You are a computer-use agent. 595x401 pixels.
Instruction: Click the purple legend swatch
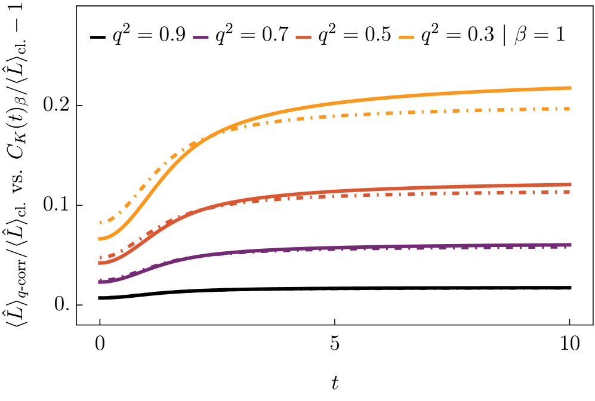201,37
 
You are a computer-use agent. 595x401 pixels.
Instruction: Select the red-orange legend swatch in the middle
304,37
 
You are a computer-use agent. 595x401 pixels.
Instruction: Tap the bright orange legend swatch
406,37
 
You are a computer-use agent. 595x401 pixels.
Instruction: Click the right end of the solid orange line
571,88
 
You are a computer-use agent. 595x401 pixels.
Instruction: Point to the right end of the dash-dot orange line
569,109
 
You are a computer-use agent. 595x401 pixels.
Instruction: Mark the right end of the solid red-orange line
571,184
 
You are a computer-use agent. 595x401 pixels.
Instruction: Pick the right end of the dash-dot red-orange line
569,192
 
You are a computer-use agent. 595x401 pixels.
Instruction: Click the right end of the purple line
571,245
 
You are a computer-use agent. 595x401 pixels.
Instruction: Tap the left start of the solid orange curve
99,239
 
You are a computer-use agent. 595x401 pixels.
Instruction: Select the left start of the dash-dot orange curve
100,223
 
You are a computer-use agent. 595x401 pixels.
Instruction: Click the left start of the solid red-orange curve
99,263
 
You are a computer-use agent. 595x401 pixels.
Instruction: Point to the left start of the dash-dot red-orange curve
100,258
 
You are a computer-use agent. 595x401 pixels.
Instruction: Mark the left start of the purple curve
99,282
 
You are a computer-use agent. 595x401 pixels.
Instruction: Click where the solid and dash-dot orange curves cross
201,141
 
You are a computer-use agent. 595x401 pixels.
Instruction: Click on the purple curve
358,247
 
